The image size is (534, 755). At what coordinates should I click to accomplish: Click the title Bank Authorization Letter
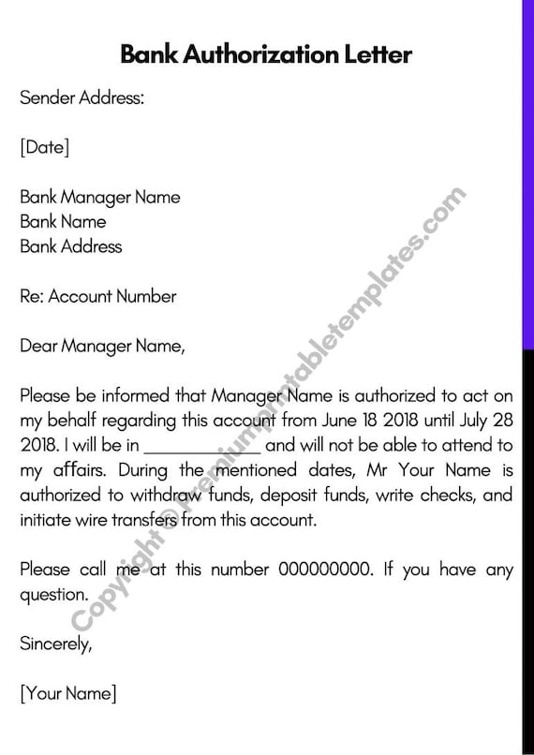click(x=266, y=54)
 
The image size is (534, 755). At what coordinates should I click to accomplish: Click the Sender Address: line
click(x=82, y=98)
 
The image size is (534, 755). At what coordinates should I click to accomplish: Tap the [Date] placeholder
click(x=44, y=148)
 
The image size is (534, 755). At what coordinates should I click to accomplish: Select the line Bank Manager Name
click(x=99, y=198)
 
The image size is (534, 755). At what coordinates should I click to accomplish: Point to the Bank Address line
click(x=70, y=247)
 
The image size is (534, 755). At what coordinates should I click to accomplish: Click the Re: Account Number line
click(x=97, y=297)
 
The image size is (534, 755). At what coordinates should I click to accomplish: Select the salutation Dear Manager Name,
click(x=102, y=347)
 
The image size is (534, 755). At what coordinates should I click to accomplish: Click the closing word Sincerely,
click(x=56, y=644)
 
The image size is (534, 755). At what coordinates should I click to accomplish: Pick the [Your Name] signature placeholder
click(x=67, y=693)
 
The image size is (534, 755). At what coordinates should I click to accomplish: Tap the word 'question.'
click(x=53, y=594)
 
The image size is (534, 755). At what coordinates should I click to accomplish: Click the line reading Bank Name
click(x=63, y=222)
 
